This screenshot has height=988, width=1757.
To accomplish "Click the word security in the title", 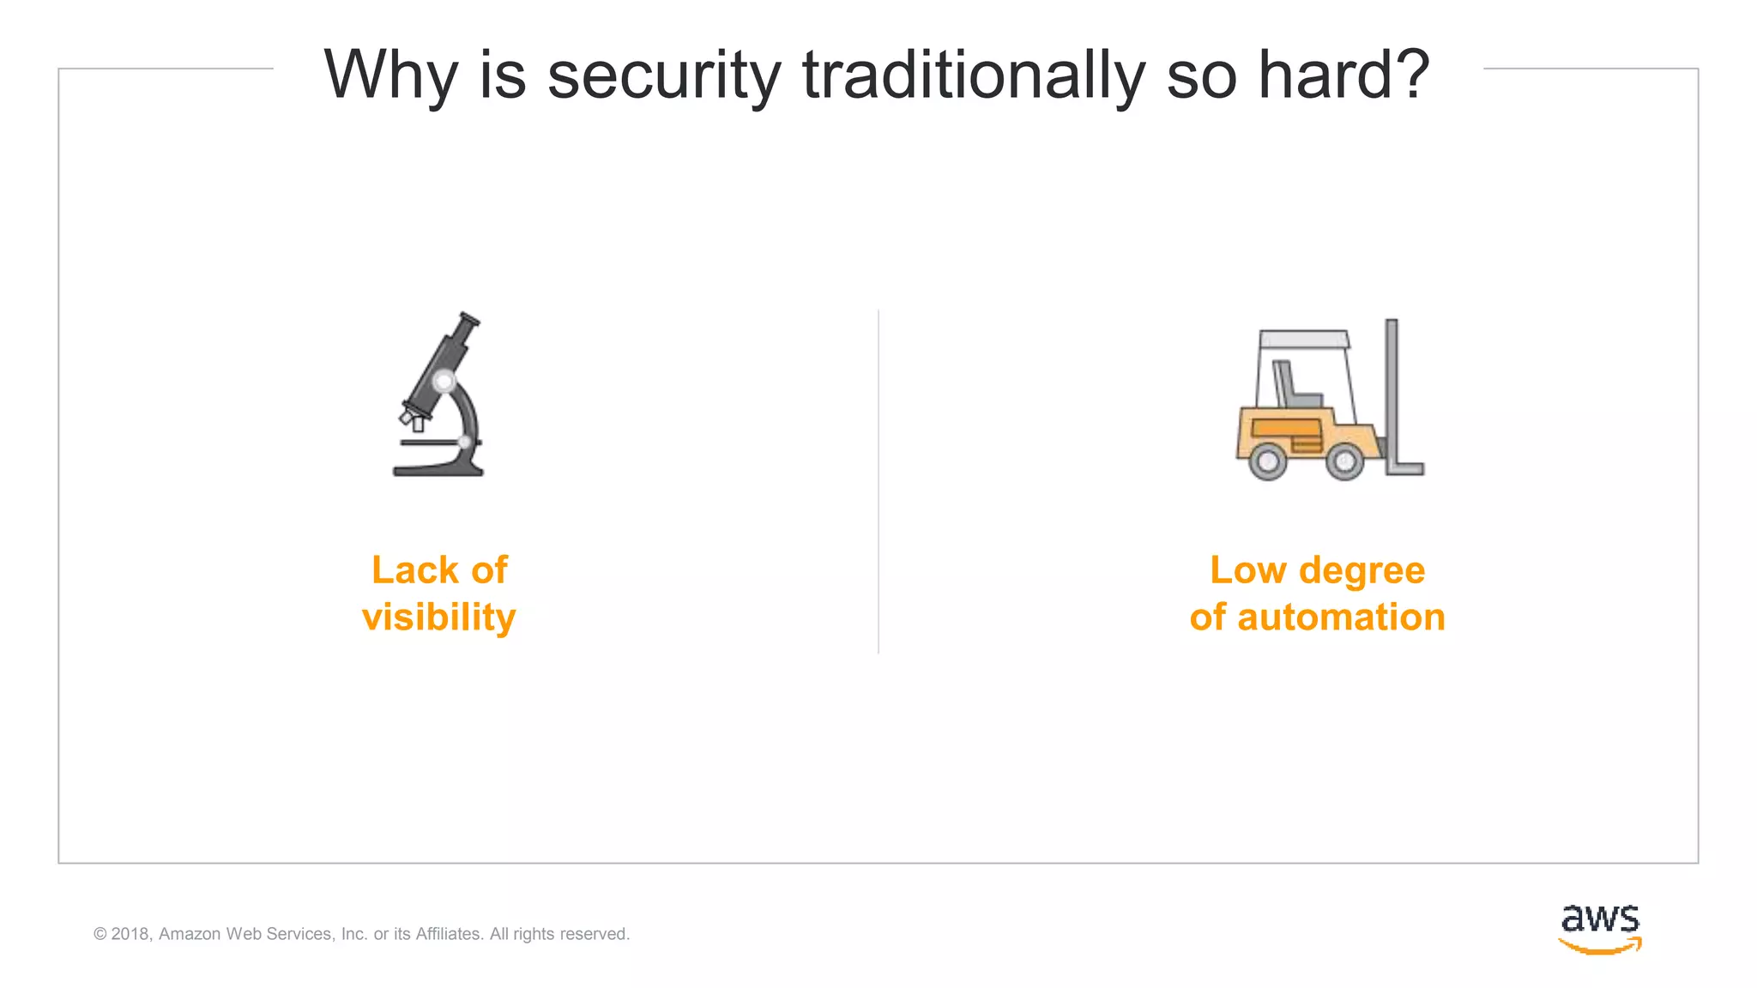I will click(x=663, y=75).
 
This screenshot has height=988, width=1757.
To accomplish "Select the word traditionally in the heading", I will click(x=973, y=75).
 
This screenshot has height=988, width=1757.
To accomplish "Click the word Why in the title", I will click(x=390, y=75).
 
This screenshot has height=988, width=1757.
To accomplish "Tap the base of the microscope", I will click(x=438, y=468).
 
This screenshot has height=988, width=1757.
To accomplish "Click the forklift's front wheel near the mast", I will click(x=1344, y=461).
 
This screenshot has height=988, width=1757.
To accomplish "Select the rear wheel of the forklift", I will click(x=1267, y=461).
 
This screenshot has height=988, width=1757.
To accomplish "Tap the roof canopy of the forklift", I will click(x=1303, y=339).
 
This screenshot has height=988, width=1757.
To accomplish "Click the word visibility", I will click(x=438, y=617).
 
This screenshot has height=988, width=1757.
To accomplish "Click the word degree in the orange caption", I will click(x=1362, y=571).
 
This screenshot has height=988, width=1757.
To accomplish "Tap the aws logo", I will click(x=1600, y=928).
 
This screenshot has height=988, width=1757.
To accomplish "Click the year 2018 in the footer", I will click(x=130, y=934).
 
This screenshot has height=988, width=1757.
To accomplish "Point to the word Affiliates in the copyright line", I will click(x=449, y=934).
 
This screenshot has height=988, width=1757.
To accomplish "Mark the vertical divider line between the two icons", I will click(x=878, y=480).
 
